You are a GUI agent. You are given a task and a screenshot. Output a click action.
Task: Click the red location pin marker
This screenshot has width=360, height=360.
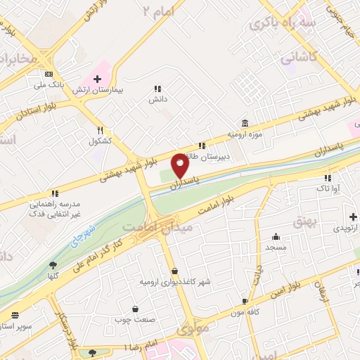point(180,166)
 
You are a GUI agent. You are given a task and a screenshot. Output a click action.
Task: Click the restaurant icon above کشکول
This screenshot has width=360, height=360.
point(101,130)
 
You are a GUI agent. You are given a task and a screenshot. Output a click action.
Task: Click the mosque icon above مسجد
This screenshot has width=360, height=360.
point(275,237)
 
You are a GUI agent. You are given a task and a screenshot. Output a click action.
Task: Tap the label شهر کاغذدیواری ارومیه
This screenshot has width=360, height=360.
point(174,282)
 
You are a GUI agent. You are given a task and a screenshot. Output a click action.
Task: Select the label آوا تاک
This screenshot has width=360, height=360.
point(327,189)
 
